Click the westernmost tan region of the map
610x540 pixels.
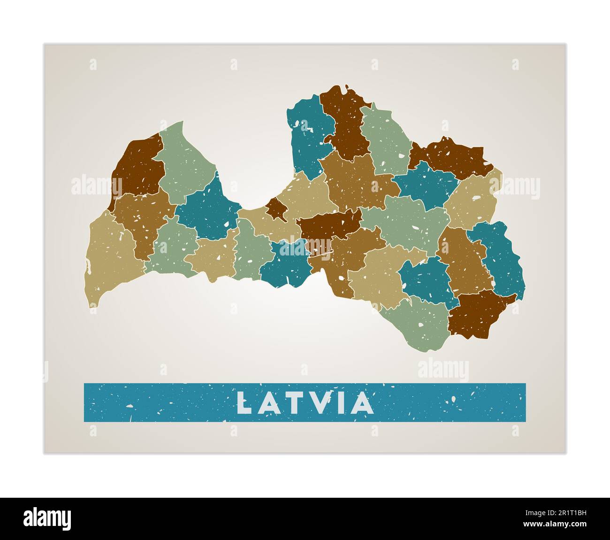click(x=110, y=256)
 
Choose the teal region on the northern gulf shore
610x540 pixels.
click(x=307, y=136)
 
